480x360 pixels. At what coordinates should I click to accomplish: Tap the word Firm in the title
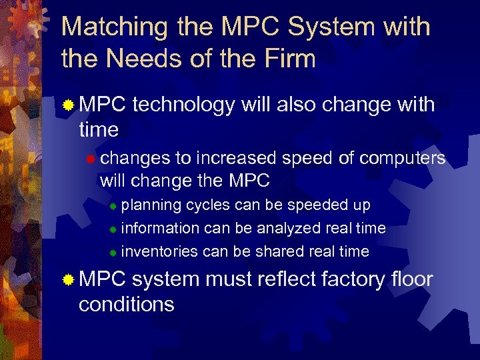285,59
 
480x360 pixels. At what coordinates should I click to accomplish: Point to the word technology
184,105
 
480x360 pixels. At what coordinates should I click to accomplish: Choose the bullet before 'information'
113,229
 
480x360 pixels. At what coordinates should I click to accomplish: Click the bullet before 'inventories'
113,253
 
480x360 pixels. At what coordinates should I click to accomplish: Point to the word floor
411,279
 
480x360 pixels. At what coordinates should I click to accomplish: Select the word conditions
126,304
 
